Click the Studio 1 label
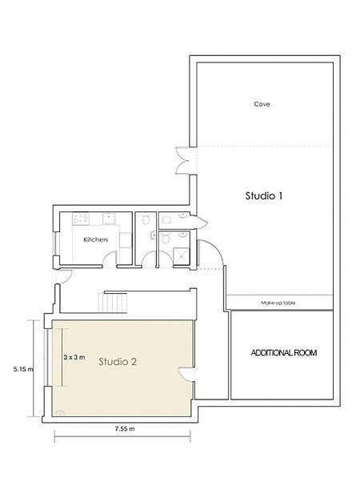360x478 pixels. coord(264,195)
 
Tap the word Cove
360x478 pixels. coord(262,104)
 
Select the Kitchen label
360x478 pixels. coord(95,239)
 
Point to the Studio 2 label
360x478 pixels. coord(118,362)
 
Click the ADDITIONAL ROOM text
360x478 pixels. coord(283,353)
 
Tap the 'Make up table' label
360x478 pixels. coord(278,303)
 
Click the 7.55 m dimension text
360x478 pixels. coord(125,428)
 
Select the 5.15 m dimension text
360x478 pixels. coord(23,369)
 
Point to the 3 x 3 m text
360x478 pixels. coord(74,357)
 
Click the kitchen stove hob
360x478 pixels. coord(81,219)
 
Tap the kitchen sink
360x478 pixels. coord(109,219)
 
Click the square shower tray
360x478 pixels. coord(182,256)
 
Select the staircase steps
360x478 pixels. coord(112,303)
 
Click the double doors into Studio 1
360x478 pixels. coord(182,161)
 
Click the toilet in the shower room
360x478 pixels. coord(166,239)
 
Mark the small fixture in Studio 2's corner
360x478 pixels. coord(60,413)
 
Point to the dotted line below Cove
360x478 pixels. coord(264,147)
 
